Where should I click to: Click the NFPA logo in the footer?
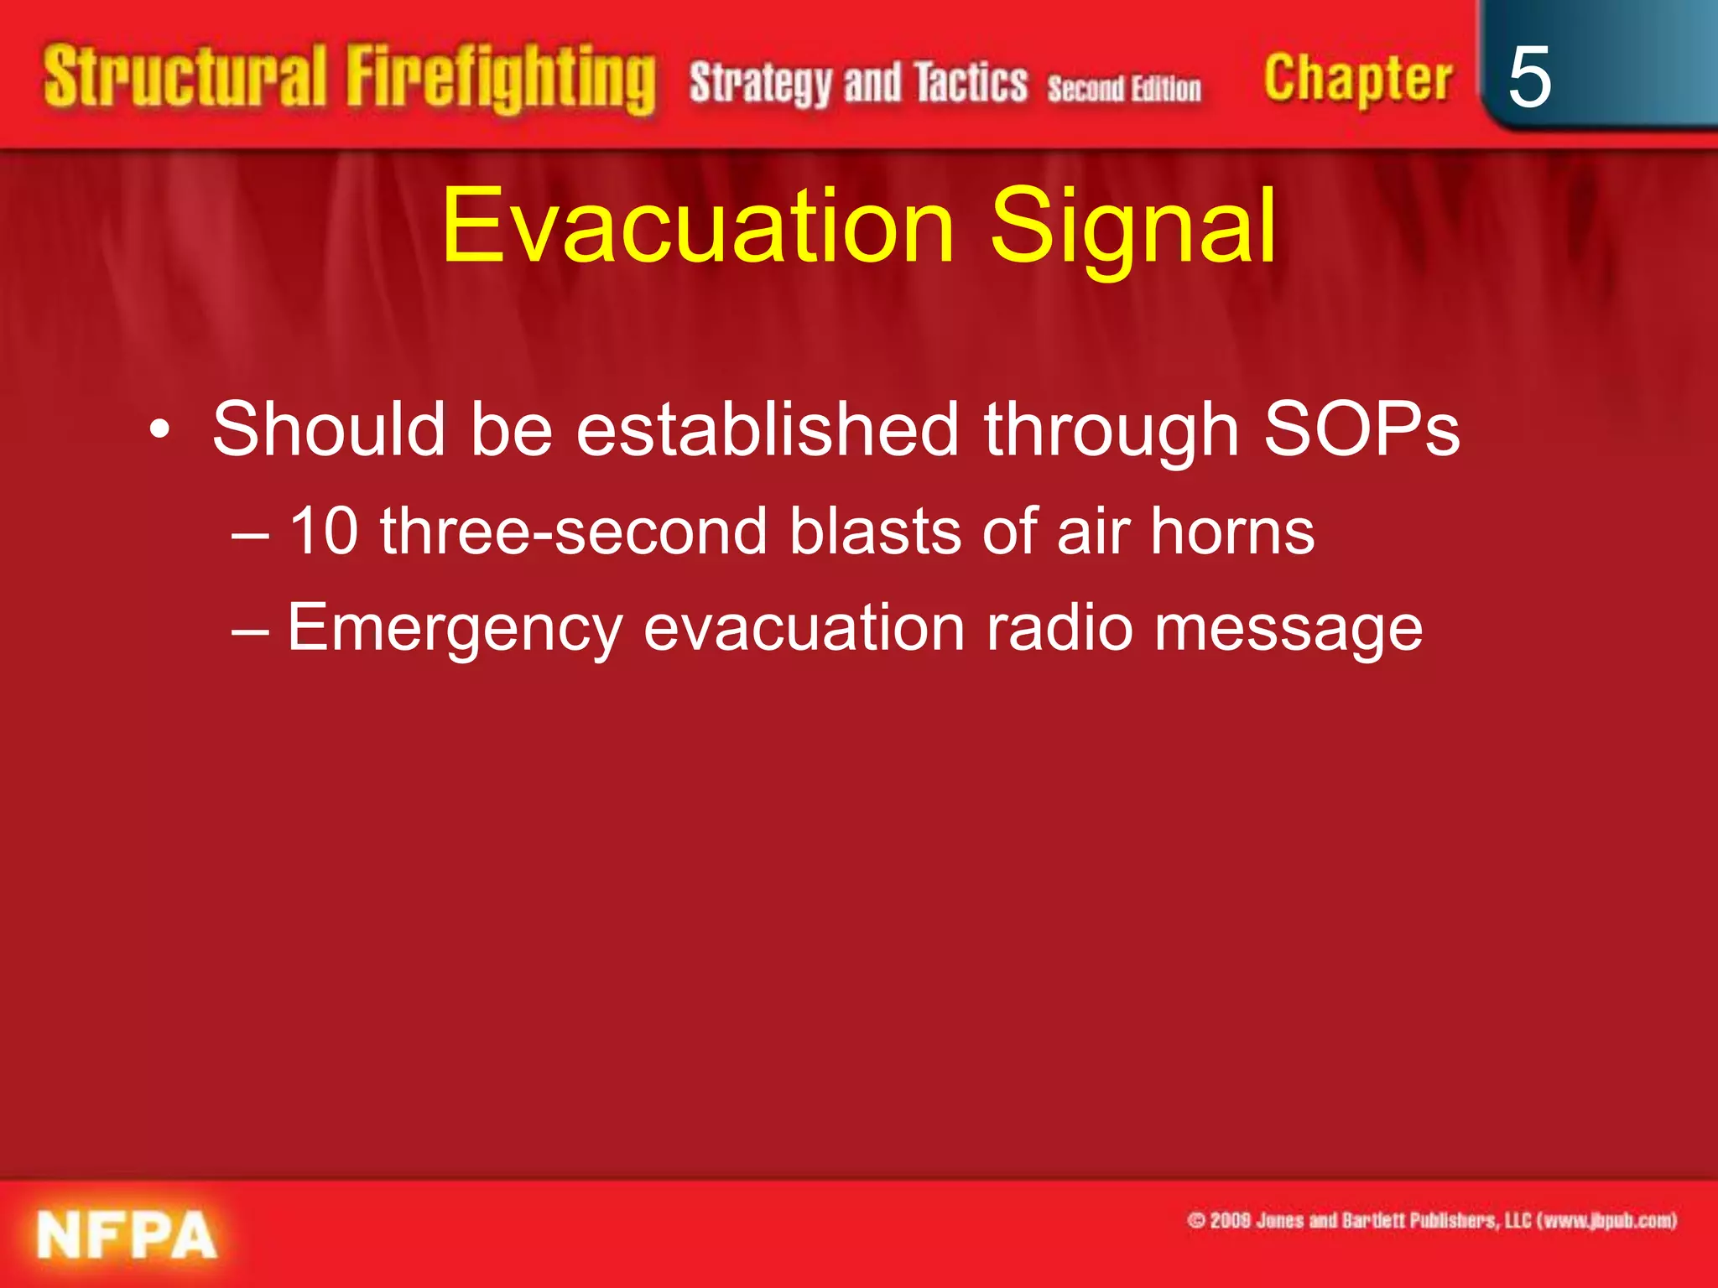pyautogui.click(x=127, y=1234)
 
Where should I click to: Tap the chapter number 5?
pyautogui.click(x=1528, y=78)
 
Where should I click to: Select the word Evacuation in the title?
pyautogui.click(x=698, y=226)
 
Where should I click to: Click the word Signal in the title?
pyautogui.click(x=1132, y=226)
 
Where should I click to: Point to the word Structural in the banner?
pyautogui.click(x=185, y=77)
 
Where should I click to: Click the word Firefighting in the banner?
pyautogui.click(x=501, y=80)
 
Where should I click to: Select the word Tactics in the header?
pyautogui.click(x=971, y=84)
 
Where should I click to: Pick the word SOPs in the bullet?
pyautogui.click(x=1361, y=429)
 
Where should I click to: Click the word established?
pyautogui.click(x=768, y=429)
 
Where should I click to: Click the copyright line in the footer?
pyautogui.click(x=1431, y=1220)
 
